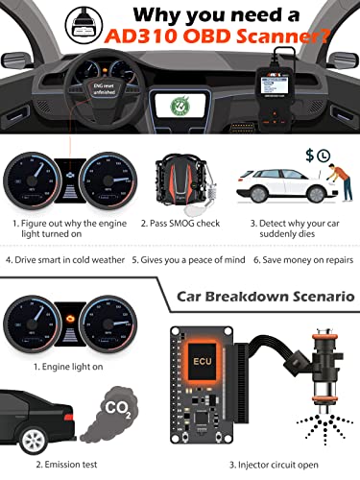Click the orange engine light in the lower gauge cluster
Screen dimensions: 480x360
tap(66, 339)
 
